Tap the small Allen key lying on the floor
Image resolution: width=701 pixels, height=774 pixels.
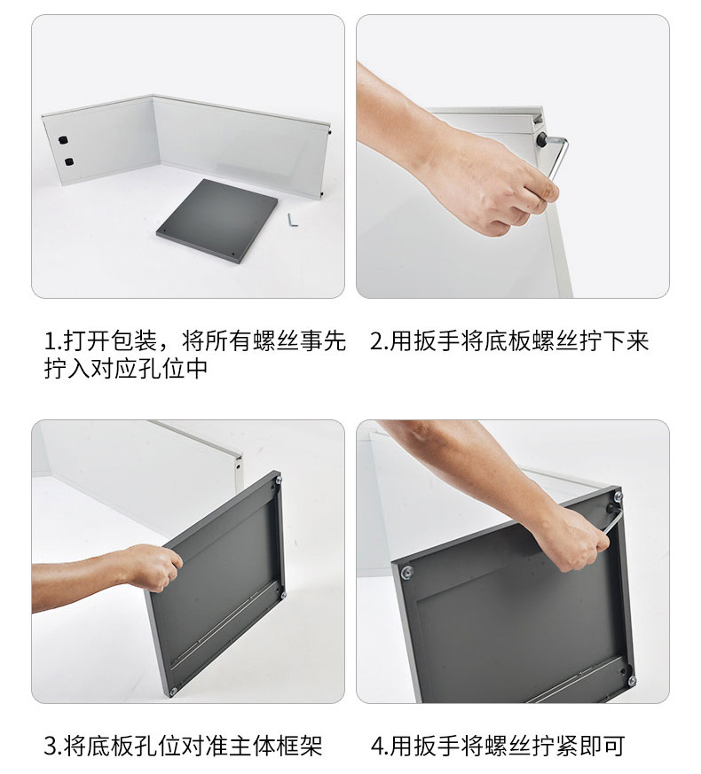tap(293, 220)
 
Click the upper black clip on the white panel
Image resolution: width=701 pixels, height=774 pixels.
tap(63, 140)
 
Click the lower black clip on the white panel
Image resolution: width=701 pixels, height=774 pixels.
tap(68, 161)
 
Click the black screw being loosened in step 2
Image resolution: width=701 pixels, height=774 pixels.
tap(541, 140)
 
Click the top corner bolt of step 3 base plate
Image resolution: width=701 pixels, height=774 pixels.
tap(278, 479)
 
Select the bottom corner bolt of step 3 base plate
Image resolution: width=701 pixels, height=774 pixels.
tap(173, 692)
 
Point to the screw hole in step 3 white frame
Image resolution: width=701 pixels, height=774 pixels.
tap(238, 465)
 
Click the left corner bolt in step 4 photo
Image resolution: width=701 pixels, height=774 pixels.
tap(407, 572)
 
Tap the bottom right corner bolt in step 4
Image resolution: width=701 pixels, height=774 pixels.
tap(632, 681)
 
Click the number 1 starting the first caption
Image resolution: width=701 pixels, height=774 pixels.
tap(50, 341)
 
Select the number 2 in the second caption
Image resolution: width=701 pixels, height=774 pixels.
tap(376, 341)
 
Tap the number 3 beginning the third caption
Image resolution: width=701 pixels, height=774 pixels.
tap(51, 746)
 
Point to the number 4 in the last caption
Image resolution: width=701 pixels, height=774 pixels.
tap(377, 746)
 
